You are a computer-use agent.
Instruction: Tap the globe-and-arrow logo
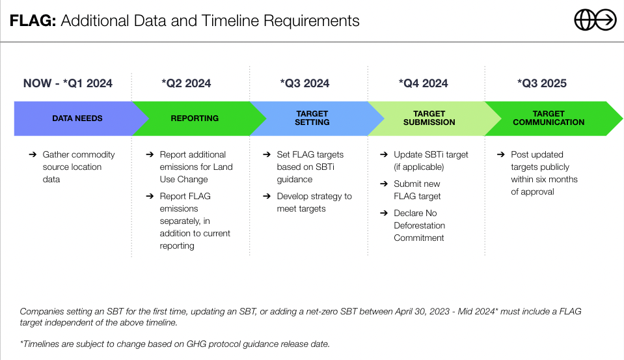pos(595,20)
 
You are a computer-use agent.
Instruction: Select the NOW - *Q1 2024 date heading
pos(68,83)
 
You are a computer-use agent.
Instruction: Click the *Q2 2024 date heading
pos(186,83)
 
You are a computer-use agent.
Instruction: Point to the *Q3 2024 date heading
pos(305,83)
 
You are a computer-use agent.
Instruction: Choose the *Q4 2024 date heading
pos(423,83)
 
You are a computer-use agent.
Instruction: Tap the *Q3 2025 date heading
pos(541,83)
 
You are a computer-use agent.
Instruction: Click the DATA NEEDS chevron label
pos(77,118)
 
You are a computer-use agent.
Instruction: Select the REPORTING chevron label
pos(195,118)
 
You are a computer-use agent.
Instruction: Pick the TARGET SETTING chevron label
pos(312,118)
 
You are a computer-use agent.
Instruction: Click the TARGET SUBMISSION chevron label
pos(429,118)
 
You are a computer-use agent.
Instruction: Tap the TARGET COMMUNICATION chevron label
pos(549,118)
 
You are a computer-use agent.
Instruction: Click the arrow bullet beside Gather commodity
pos(33,154)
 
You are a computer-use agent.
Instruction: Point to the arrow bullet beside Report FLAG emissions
pos(150,196)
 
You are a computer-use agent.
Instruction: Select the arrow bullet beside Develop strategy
pos(267,196)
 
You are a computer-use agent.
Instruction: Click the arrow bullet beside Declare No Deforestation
pos(384,213)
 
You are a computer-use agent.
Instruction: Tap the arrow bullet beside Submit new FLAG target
pos(384,184)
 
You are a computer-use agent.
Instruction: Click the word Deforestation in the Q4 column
pos(420,225)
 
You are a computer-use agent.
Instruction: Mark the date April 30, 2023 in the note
pos(422,311)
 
